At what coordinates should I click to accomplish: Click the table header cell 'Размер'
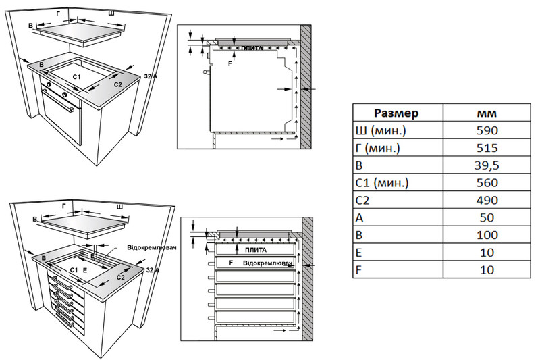(x=397, y=113)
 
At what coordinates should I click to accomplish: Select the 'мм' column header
(x=486, y=113)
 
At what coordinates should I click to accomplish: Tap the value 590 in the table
(x=486, y=130)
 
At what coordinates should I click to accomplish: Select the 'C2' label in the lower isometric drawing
(x=121, y=277)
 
